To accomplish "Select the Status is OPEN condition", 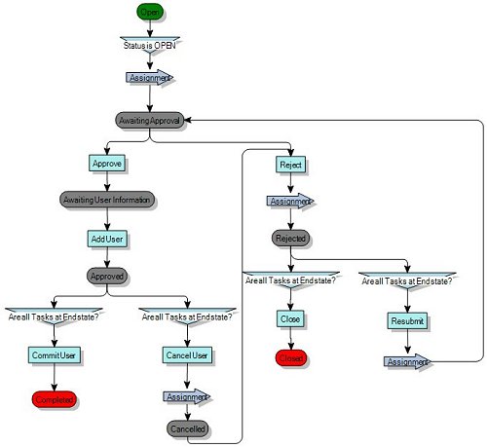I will (x=149, y=45).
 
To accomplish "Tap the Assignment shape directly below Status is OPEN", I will (x=149, y=77).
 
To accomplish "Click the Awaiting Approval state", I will (x=149, y=119).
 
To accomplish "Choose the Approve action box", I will (x=106, y=163).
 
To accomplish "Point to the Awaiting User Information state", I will (x=106, y=200).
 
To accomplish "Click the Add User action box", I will (x=106, y=238).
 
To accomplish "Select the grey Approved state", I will (x=106, y=276).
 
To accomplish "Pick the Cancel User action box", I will (x=186, y=355).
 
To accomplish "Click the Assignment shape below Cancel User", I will (x=186, y=396).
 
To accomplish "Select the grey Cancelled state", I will (x=186, y=429).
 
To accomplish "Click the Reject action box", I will (x=290, y=164).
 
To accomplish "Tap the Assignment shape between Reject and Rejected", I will (x=290, y=202).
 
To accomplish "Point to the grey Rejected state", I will (x=290, y=238).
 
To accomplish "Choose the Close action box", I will (x=290, y=319).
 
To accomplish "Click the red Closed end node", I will (x=290, y=357).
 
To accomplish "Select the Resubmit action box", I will (x=406, y=319).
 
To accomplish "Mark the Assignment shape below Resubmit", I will (x=406, y=361).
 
